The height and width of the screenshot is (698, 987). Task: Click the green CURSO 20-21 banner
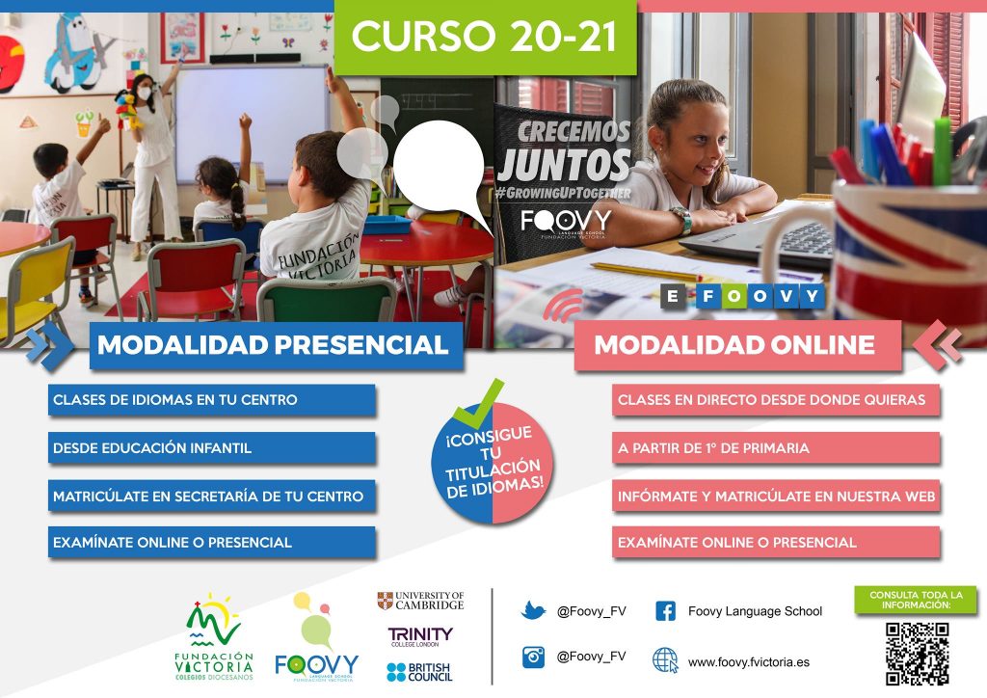pos(485,37)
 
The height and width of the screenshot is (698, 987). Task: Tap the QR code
pos(917,654)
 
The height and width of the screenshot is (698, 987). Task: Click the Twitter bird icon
pos(533,610)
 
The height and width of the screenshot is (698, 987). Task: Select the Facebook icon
pos(665,610)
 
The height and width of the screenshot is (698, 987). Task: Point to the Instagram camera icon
pos(533,657)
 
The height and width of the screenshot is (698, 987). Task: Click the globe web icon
pos(665,660)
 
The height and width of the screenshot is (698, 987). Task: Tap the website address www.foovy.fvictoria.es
pos(748,662)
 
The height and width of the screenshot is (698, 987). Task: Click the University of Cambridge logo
pos(420,601)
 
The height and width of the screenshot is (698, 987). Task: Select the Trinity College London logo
pos(420,636)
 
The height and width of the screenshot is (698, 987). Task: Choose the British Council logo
pos(419,672)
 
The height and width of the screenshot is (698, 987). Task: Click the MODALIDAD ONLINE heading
pos(737,345)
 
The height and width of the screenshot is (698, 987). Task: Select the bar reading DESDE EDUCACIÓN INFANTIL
pos(212,448)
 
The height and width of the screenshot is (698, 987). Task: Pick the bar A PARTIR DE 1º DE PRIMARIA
pos(776,448)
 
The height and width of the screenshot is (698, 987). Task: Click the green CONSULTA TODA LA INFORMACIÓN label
pos(916,600)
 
